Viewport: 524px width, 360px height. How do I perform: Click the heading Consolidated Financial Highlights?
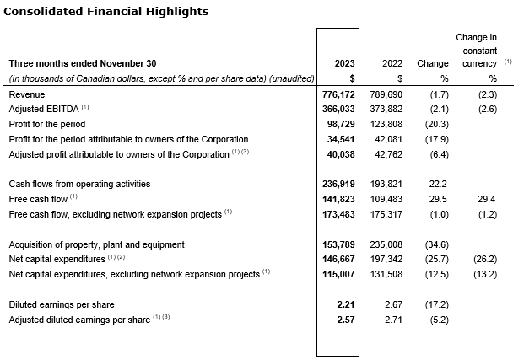(105, 12)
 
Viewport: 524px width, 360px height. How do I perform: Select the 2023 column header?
(345, 63)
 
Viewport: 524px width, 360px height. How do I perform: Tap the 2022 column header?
(392, 63)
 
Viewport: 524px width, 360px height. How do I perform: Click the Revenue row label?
(27, 95)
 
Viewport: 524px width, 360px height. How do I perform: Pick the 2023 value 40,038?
(343, 154)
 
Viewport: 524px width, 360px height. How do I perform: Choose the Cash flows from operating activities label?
(79, 184)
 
